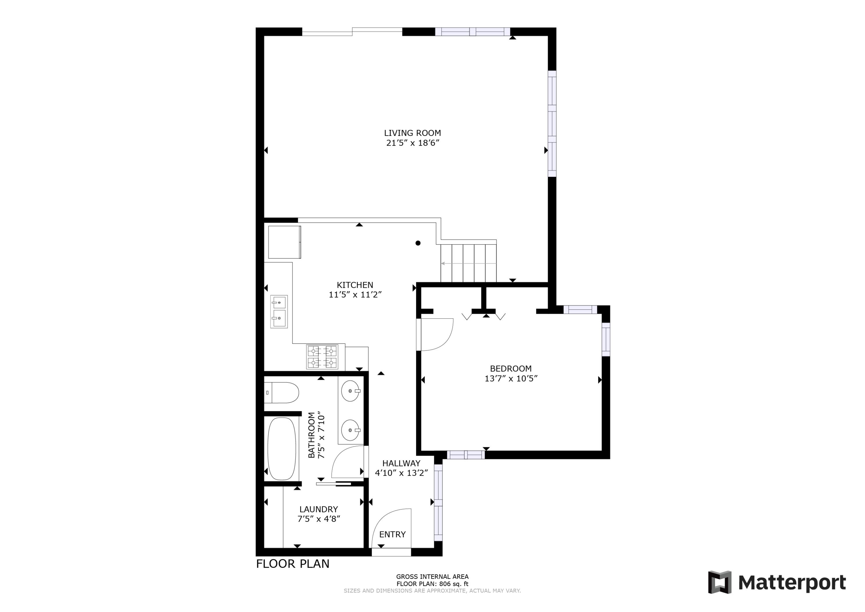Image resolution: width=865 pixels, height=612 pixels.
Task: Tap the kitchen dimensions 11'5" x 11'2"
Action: pos(355,295)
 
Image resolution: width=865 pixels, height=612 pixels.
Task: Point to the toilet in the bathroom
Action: pos(283,393)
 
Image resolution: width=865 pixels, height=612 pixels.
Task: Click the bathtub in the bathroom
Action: pos(281,448)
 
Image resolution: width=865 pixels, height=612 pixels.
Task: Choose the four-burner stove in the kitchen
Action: pos(322,357)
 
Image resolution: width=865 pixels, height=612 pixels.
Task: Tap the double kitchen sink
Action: pos(279,311)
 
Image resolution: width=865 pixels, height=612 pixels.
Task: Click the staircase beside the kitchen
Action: pos(468,263)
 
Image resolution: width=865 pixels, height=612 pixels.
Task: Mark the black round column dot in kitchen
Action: pos(418,243)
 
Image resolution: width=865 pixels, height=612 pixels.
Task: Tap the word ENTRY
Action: pos(392,534)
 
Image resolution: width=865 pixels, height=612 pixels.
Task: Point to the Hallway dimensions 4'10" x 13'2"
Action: pos(401,473)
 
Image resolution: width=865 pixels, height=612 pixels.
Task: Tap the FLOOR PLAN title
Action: pos(292,564)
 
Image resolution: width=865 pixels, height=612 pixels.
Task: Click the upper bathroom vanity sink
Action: pos(350,391)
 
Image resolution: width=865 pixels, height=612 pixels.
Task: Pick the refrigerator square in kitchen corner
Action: pos(284,242)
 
